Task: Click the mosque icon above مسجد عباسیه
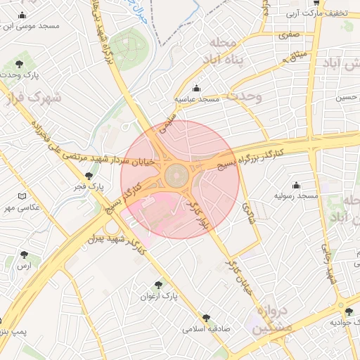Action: (x=196, y=88)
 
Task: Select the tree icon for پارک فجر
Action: (x=89, y=176)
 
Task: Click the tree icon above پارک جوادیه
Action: (x=348, y=311)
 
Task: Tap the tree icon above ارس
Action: (x=25, y=255)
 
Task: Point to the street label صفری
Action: (x=288, y=34)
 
